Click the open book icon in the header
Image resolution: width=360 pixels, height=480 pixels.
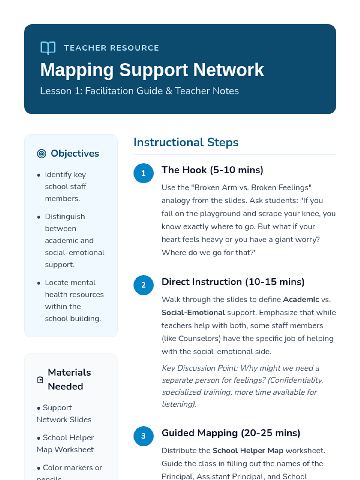(x=48, y=48)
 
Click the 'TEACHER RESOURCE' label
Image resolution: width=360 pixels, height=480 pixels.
(x=112, y=48)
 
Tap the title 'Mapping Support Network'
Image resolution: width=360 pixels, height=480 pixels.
(x=152, y=70)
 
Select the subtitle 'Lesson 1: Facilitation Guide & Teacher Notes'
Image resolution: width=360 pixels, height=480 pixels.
(x=139, y=91)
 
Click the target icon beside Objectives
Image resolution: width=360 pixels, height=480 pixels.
(x=42, y=154)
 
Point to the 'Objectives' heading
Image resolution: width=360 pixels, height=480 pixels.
(x=75, y=153)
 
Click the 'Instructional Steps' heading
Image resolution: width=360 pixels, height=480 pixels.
(x=186, y=142)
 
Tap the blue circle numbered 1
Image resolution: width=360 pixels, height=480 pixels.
(x=143, y=173)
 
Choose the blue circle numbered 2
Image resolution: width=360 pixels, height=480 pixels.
(x=143, y=285)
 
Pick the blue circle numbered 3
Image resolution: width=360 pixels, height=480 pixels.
(x=143, y=436)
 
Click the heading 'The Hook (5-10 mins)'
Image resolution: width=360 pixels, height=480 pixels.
(x=212, y=170)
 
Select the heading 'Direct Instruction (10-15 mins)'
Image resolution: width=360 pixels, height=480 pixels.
(x=233, y=282)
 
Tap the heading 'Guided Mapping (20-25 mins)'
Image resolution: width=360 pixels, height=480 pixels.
(x=231, y=433)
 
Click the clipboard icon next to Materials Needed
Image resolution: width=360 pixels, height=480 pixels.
(x=40, y=379)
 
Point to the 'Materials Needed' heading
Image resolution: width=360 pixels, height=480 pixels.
(x=69, y=379)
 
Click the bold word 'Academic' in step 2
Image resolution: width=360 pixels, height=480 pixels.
(x=301, y=299)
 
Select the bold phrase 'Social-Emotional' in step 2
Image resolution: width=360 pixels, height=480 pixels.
(x=193, y=313)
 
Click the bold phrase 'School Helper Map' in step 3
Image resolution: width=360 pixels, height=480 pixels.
(x=248, y=451)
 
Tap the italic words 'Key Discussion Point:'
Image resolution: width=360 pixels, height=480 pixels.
(x=200, y=368)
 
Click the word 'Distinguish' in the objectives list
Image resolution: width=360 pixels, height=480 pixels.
(x=65, y=217)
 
